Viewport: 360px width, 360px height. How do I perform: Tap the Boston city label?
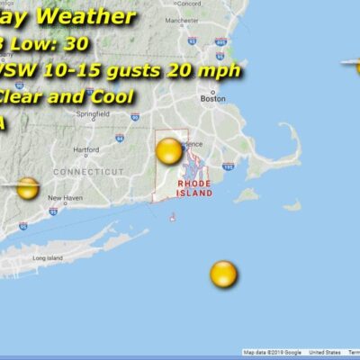click(213, 99)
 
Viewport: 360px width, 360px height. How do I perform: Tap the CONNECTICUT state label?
click(88, 171)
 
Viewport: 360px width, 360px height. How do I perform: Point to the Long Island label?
click(45, 258)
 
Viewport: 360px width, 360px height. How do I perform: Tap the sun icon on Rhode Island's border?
click(168, 150)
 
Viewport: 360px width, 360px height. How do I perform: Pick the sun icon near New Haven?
click(28, 188)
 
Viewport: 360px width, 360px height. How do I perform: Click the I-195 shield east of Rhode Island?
click(228, 166)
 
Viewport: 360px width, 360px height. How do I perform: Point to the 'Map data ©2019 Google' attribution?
click(273, 353)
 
